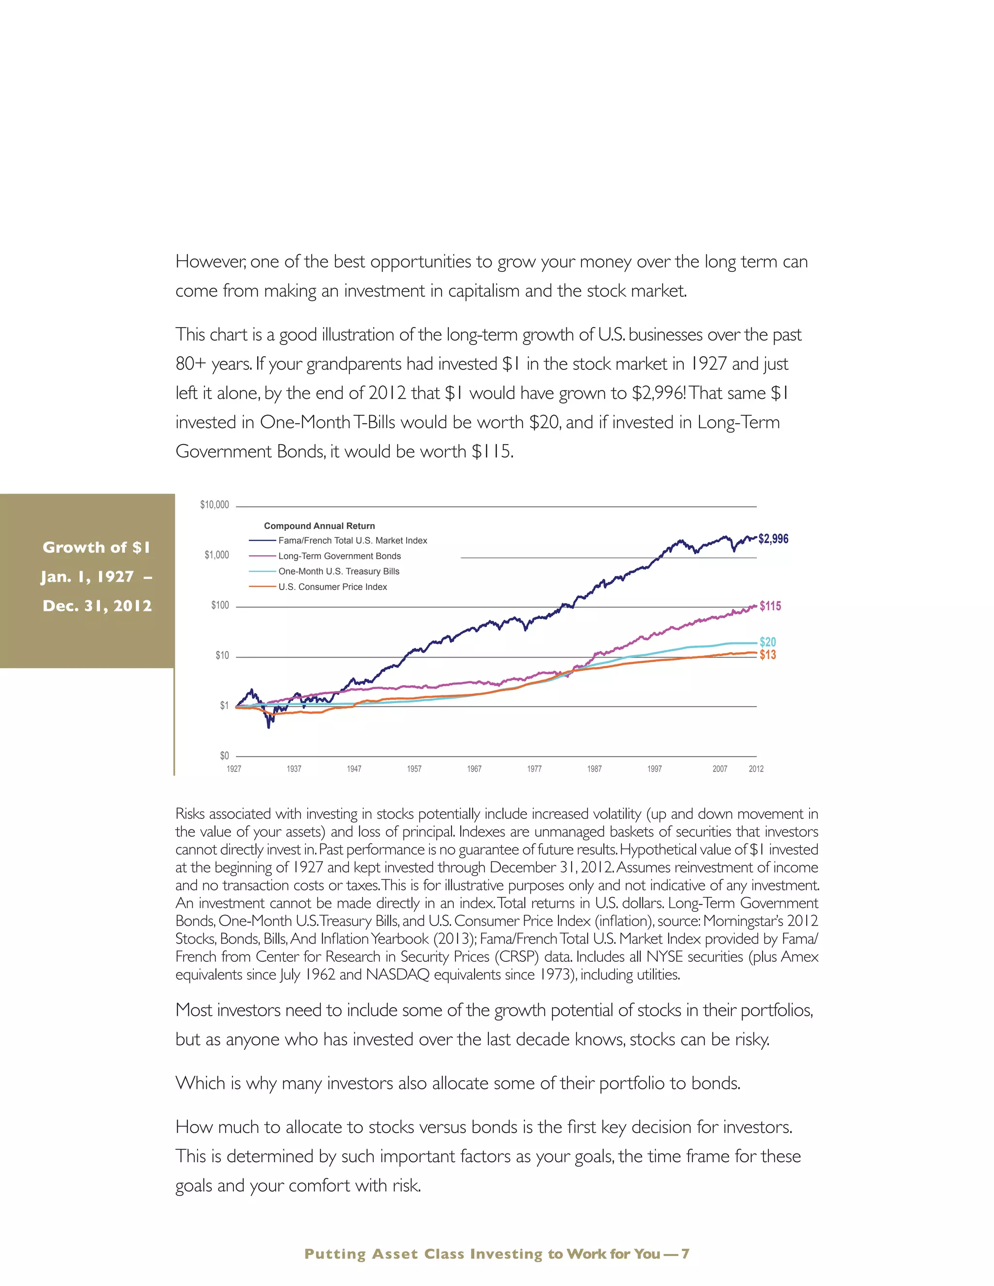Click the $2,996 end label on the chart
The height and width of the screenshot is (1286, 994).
coord(773,539)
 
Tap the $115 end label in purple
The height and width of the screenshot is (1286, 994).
coord(770,606)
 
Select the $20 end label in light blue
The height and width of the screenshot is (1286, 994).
coord(768,642)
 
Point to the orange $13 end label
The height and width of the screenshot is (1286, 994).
coord(768,655)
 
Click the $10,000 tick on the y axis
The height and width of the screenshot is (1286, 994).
coord(215,505)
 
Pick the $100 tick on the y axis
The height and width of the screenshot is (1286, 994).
coord(220,605)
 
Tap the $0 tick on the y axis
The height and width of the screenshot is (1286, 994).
coord(224,756)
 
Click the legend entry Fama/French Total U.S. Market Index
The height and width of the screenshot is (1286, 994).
coord(352,541)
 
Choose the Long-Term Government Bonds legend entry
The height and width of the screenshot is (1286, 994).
coord(339,556)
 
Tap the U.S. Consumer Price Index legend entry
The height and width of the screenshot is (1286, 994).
coord(332,587)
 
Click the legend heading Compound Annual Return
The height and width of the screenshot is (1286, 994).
coord(319,526)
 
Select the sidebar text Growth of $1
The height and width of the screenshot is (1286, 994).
coord(97,547)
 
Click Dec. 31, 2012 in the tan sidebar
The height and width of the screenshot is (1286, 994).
coord(97,606)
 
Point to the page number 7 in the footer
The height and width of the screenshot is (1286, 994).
coord(685,1253)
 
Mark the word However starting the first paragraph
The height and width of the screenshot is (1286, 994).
coord(210,262)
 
